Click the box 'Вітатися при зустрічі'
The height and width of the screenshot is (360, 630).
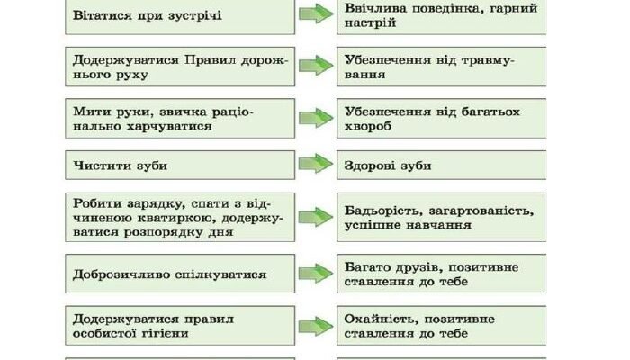click(x=180, y=17)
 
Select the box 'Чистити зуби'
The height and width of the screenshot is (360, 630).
click(x=180, y=165)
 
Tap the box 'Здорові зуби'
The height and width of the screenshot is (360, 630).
click(x=442, y=165)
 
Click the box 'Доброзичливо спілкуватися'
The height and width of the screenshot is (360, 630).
click(x=180, y=274)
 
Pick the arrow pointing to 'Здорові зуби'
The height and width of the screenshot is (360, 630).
click(x=316, y=164)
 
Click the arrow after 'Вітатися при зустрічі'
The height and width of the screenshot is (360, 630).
click(x=316, y=13)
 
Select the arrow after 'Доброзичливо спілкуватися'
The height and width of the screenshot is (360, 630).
click(x=316, y=274)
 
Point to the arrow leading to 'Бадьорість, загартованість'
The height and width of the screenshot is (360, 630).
click(x=316, y=217)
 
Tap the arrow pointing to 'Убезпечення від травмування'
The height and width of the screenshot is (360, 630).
click(x=316, y=65)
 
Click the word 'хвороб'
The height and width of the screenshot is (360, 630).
click(x=367, y=126)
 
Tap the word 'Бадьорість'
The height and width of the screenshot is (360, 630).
click(x=383, y=211)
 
